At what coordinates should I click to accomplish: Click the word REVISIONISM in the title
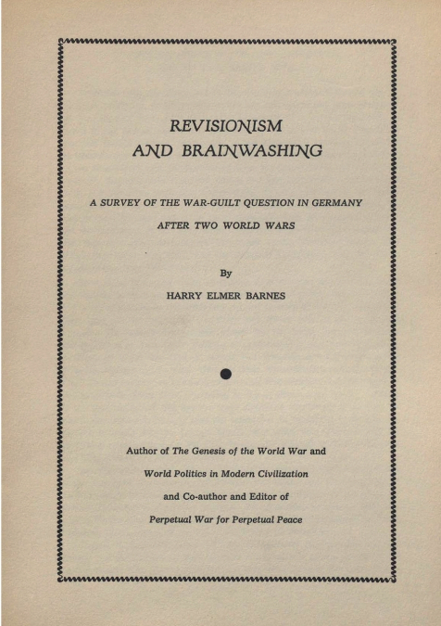click(x=227, y=124)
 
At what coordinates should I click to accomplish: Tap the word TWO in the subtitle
click(x=204, y=225)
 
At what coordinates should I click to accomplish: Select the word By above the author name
click(x=224, y=273)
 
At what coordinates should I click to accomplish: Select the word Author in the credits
click(x=144, y=451)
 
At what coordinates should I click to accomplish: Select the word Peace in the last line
click(x=283, y=519)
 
